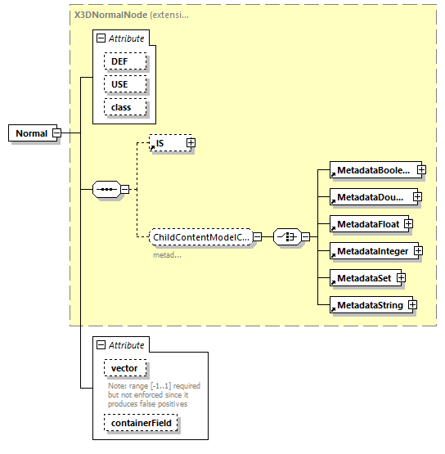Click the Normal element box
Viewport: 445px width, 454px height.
[31, 133]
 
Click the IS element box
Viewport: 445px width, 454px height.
[166, 144]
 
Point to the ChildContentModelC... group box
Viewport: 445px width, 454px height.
[200, 237]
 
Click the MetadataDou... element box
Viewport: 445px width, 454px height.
[369, 197]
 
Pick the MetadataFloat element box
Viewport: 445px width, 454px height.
[365, 223]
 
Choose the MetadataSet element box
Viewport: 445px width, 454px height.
[362, 277]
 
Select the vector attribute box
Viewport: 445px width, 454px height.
[125, 370]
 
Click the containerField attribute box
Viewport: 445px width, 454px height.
[141, 423]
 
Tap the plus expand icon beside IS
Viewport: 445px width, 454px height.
[191, 143]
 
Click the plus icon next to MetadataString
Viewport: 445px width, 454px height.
[412, 305]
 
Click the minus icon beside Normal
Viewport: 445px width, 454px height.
[57, 133]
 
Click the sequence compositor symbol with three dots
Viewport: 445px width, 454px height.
[107, 190]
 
